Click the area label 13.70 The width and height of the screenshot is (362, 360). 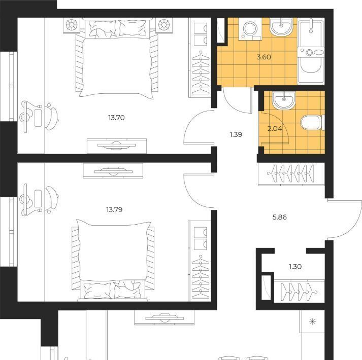pyautogui.click(x=117, y=118)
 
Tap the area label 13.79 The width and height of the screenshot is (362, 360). pyautogui.click(x=114, y=210)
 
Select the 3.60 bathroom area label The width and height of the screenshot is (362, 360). pyautogui.click(x=264, y=57)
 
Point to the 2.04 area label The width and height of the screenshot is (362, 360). pyautogui.click(x=275, y=129)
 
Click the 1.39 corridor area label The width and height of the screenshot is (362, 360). pyautogui.click(x=236, y=134)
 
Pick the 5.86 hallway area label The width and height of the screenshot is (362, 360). pyautogui.click(x=280, y=217)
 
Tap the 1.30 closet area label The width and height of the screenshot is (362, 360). pyautogui.click(x=295, y=267)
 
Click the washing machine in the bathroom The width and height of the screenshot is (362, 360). pyautogui.click(x=250, y=29)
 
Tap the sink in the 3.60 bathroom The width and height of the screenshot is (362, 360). pyautogui.click(x=281, y=26)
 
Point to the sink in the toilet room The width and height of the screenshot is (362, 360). pyautogui.click(x=284, y=100)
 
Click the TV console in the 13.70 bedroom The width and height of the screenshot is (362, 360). pyautogui.click(x=117, y=146)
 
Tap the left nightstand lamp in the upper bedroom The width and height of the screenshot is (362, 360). pyautogui.click(x=72, y=25)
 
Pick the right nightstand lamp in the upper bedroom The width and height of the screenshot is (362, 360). pyautogui.click(x=164, y=25)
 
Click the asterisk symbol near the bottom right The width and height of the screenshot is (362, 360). pyautogui.click(x=312, y=321)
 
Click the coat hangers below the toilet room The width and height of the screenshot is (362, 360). pyautogui.click(x=291, y=173)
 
